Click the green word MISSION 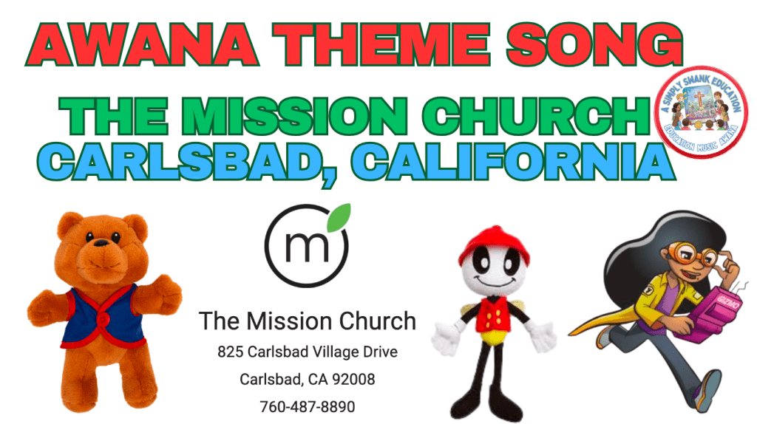[298, 117]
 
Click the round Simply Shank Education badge [702, 112]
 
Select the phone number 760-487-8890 [307, 406]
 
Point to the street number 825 [229, 352]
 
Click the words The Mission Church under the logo [307, 321]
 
